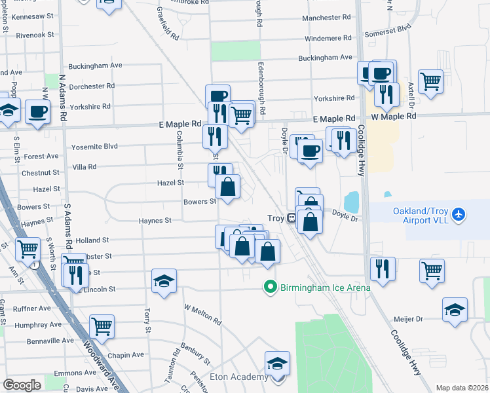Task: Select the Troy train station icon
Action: coord(290,218)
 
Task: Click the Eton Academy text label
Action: coord(238,377)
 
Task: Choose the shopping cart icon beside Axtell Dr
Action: coord(430,82)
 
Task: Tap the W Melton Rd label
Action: coord(202,314)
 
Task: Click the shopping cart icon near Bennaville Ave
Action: coord(102,325)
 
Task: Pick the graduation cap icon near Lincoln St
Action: coord(164,281)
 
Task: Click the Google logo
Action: coord(22,384)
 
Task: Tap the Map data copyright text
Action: coord(462,388)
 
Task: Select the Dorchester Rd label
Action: coord(92,86)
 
